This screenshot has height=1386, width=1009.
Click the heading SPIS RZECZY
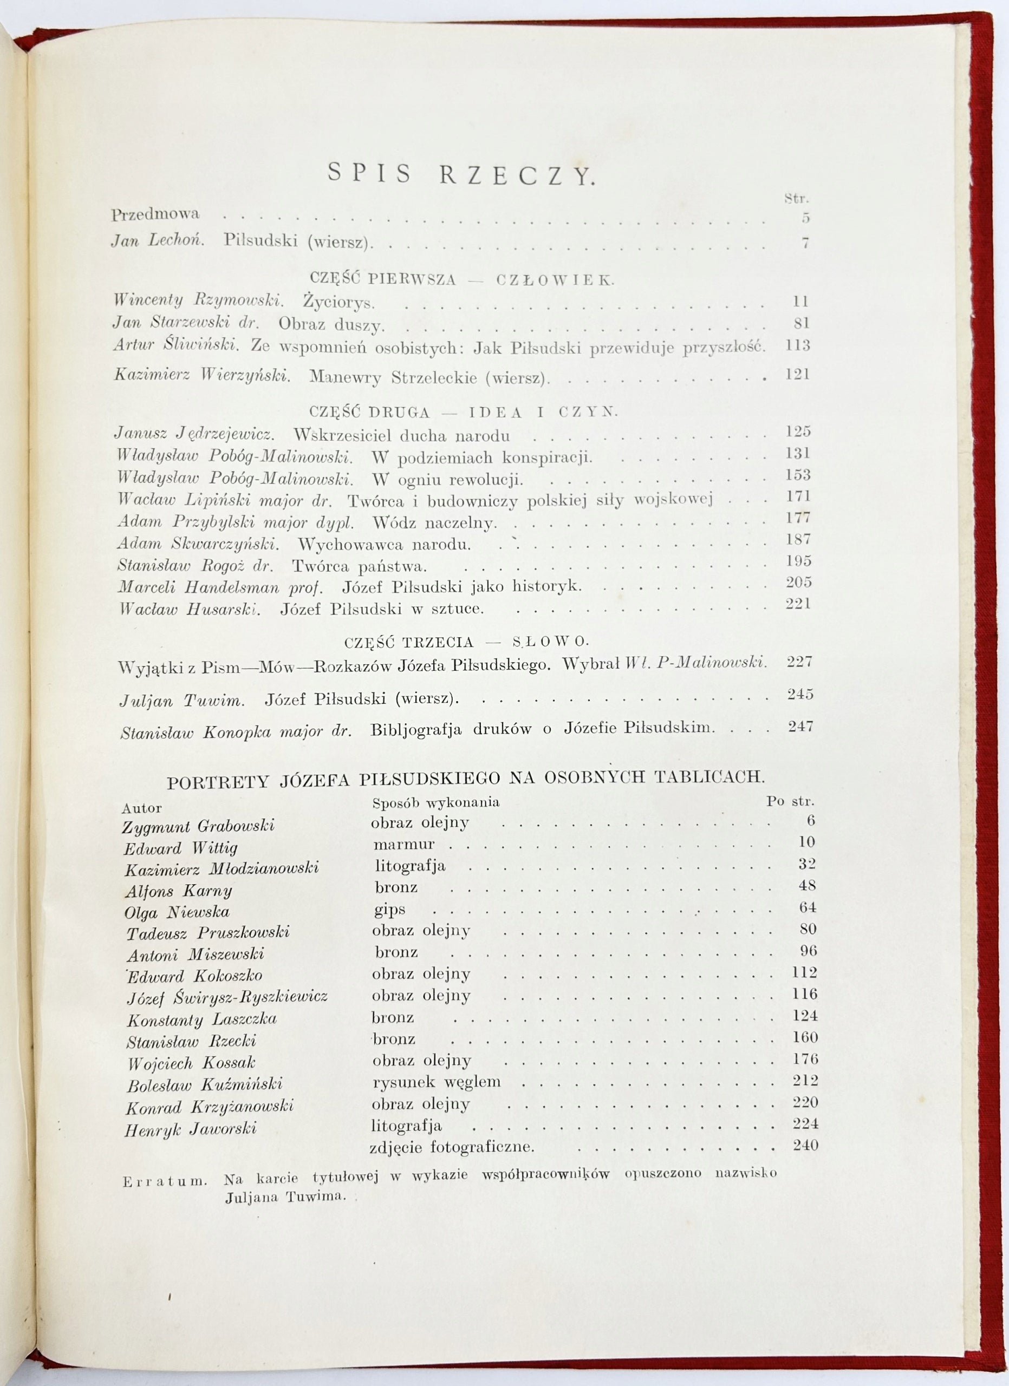461,174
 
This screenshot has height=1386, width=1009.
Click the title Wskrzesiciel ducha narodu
401,435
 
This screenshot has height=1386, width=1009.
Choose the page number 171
798,495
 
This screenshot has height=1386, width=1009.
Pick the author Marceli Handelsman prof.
220,587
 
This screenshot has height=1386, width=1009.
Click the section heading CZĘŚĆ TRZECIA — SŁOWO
466,642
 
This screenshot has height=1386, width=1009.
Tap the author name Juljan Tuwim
182,701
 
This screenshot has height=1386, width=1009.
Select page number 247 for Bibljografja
800,727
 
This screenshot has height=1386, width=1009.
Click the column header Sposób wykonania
436,802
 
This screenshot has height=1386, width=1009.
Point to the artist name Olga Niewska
177,912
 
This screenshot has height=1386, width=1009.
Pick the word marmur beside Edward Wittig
404,844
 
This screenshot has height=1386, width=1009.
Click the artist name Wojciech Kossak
191,1063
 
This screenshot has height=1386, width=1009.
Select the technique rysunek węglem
437,1082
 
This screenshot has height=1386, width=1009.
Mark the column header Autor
141,808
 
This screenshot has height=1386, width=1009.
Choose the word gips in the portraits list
389,910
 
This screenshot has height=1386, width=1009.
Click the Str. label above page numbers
796,198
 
